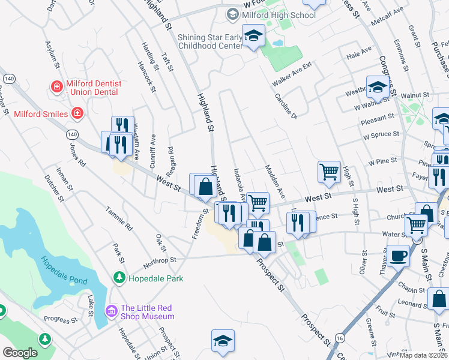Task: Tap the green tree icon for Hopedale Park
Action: [119, 278]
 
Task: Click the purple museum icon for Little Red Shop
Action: [111, 311]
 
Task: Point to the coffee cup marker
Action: [398, 256]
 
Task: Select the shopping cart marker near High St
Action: [330, 172]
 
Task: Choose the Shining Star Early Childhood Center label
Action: [210, 41]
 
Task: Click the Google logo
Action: [20, 353]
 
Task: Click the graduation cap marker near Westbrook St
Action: [378, 88]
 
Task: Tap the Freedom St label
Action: [199, 223]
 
